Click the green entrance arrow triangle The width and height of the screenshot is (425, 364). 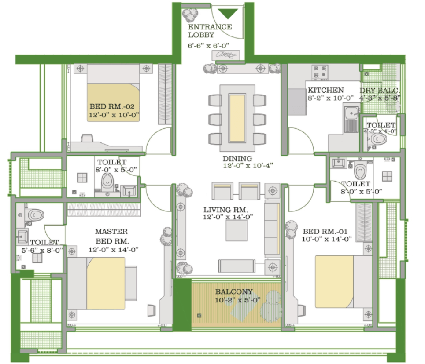click(228, 13)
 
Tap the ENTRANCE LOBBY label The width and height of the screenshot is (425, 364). click(210, 31)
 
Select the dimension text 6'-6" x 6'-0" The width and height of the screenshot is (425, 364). click(208, 46)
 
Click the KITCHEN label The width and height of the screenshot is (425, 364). click(325, 90)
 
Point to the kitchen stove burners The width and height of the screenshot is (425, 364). click(320, 72)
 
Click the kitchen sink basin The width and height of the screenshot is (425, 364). click(351, 113)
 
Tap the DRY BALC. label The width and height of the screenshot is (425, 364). click(380, 91)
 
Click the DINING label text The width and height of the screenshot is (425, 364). click(237, 158)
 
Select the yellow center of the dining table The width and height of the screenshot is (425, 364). click(237, 118)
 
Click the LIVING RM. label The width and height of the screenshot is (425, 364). click(225, 210)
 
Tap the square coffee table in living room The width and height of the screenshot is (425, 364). click(237, 230)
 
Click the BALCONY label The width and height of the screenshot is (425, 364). click(234, 291)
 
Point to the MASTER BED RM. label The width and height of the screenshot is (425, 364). click(112, 236)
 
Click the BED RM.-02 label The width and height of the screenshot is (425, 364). click(112, 106)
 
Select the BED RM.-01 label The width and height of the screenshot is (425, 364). click(325, 231)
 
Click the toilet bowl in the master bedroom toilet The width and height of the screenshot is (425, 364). click(35, 215)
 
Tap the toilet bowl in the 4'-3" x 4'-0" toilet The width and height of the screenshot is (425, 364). click(379, 140)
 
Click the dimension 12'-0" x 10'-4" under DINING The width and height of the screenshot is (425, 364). click(248, 166)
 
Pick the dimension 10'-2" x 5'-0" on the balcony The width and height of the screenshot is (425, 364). click(238, 300)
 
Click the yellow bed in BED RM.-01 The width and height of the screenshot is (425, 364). click(334, 281)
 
